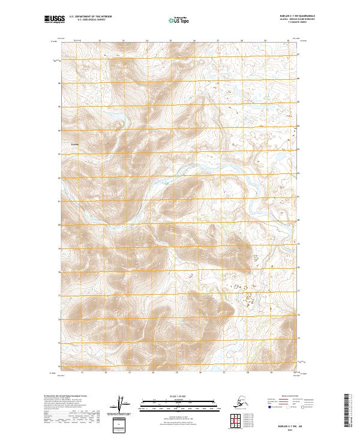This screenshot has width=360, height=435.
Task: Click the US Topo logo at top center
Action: click(x=179, y=20)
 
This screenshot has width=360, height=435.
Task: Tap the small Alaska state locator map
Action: click(x=239, y=401)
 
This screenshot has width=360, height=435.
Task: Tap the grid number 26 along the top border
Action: click(x=194, y=41)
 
